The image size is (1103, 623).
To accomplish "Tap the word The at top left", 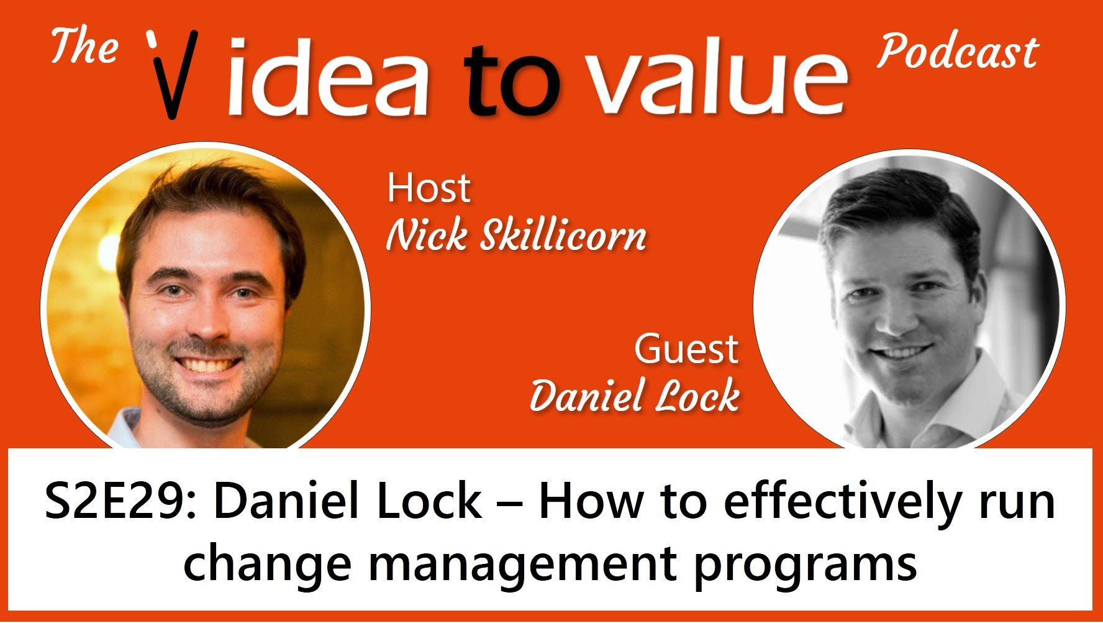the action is tap(84, 47).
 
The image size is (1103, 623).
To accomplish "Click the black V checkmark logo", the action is tap(171, 73).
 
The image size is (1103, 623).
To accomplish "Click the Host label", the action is tap(429, 188).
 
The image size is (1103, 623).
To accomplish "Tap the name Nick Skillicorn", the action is tap(516, 237).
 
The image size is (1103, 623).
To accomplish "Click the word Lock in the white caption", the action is tap(429, 502).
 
